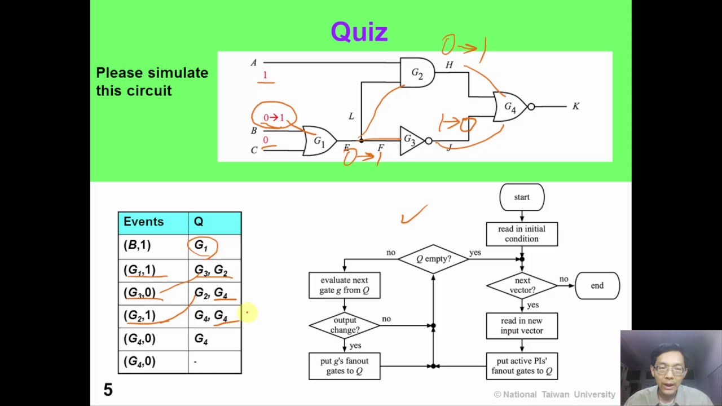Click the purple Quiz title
pyautogui.click(x=359, y=32)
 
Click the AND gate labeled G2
pyautogui.click(x=417, y=73)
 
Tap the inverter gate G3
pyautogui.click(x=412, y=141)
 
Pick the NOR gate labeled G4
pyautogui.click(x=510, y=107)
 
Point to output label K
pyautogui.click(x=575, y=106)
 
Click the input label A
pyautogui.click(x=253, y=63)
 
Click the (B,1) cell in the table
pyautogui.click(x=137, y=245)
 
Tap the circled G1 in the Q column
pyautogui.click(x=202, y=246)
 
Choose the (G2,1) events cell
pyautogui.click(x=139, y=316)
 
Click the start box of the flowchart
pyautogui.click(x=522, y=197)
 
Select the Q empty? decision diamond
pyautogui.click(x=433, y=259)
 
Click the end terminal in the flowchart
pyautogui.click(x=597, y=286)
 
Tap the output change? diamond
pyautogui.click(x=345, y=325)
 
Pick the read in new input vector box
pyautogui.click(x=522, y=326)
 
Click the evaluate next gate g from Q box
pyautogui.click(x=344, y=285)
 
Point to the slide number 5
pyautogui.click(x=108, y=390)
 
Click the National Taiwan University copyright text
pyautogui.click(x=554, y=395)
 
